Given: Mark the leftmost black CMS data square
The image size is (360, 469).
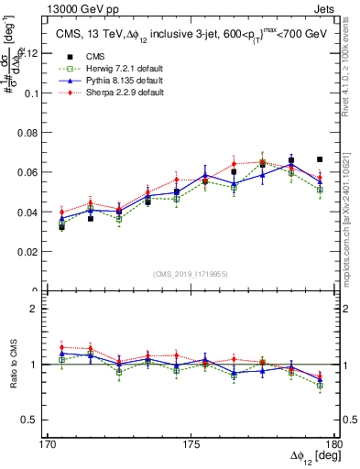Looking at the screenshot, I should point(61,226).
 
